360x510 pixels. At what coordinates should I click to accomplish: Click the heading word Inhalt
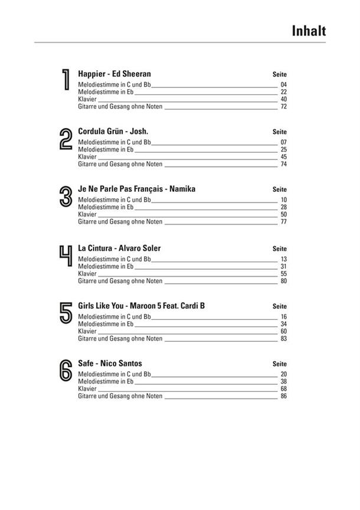308,31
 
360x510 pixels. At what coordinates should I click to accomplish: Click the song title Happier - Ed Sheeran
114,74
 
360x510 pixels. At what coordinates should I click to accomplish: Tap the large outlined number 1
66,80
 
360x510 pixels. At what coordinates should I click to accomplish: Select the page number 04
283,85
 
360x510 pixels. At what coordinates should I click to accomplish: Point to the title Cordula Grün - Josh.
113,131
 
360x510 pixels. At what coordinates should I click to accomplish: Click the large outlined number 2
66,140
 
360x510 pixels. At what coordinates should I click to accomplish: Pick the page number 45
283,157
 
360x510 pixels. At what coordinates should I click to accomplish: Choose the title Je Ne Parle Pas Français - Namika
136,189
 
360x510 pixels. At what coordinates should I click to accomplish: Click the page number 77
283,223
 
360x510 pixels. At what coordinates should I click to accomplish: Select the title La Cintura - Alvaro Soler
119,248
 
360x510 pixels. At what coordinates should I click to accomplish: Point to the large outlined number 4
66,256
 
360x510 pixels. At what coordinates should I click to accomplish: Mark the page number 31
283,267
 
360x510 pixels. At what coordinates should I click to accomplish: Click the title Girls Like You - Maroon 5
142,306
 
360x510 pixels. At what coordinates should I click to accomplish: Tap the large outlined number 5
66,313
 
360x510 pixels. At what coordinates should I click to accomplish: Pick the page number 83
283,339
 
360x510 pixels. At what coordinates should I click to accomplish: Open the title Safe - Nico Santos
110,363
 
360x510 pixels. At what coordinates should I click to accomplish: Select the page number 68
283,389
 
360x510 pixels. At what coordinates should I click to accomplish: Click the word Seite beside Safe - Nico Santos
279,364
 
